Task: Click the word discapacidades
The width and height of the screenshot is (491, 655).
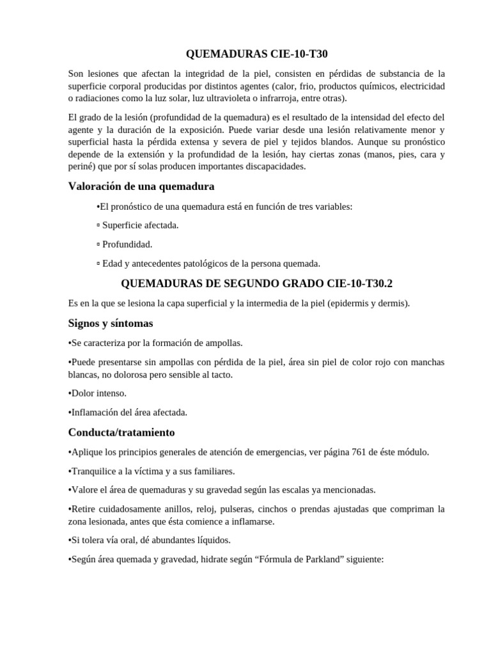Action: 275,166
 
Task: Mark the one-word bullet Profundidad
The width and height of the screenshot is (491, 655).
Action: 127,244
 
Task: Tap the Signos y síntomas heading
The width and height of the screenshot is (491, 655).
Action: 111,323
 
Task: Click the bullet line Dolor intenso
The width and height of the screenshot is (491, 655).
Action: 98,393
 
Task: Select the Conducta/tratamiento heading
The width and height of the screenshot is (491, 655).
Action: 121,432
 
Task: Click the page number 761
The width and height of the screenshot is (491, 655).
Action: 359,452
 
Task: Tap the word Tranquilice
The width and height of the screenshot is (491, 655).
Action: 96,471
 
